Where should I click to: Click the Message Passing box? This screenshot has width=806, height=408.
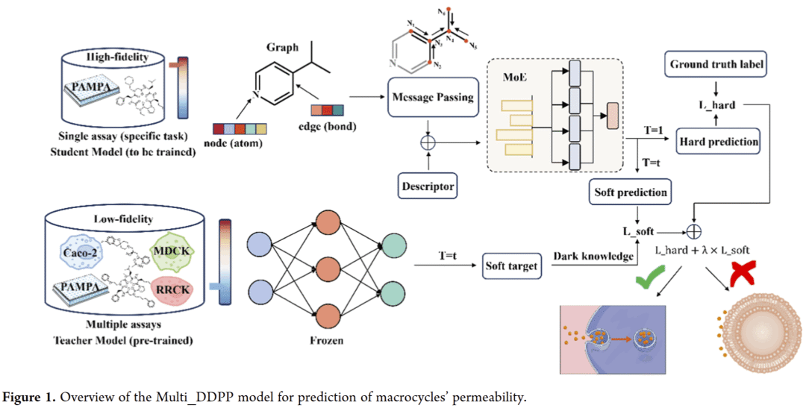(433, 98)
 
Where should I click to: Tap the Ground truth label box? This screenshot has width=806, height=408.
(716, 65)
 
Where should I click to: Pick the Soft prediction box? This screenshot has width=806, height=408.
(630, 193)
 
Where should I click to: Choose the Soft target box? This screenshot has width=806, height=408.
(511, 265)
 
